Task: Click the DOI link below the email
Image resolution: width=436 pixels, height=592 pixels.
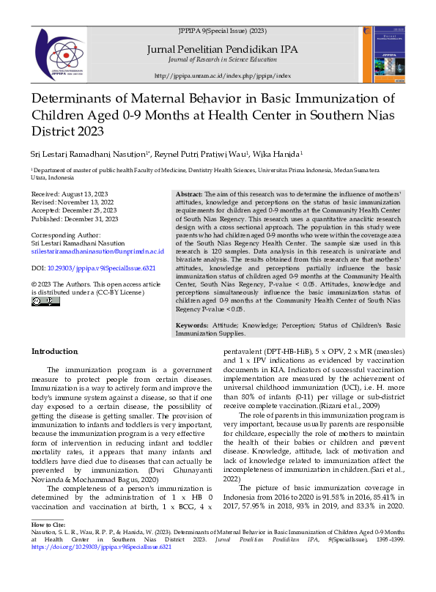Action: [97, 267]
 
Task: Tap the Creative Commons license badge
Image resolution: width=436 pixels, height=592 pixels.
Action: [45, 301]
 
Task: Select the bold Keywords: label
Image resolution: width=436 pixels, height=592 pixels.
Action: [193, 325]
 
